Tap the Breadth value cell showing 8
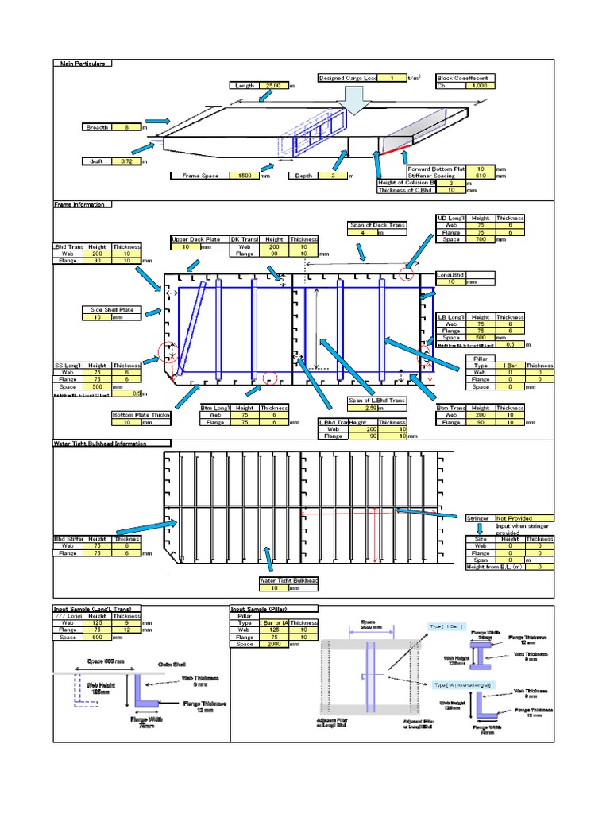coord(125,127)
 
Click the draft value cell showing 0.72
coord(125,161)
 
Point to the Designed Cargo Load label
coord(348,78)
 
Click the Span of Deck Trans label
coord(377,226)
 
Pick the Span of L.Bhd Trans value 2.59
coord(369,409)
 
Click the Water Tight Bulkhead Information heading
coord(110,443)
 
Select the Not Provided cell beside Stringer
coord(524,518)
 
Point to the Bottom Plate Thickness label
coord(141,415)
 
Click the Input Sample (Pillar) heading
coord(274,608)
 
